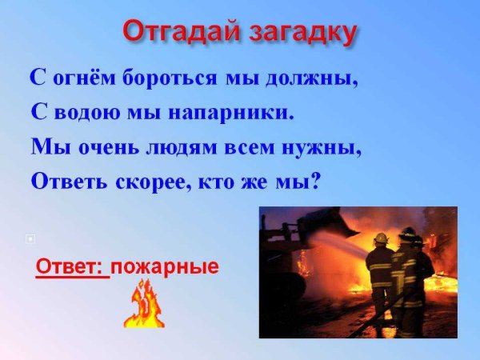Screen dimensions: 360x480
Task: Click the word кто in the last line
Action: pos(221,181)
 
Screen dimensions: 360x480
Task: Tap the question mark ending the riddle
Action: pos(314,181)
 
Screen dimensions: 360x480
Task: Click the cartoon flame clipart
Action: pos(144,309)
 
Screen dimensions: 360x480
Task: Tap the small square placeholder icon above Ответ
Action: pos(30,238)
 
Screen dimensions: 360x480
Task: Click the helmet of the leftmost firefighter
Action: pos(381,238)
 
